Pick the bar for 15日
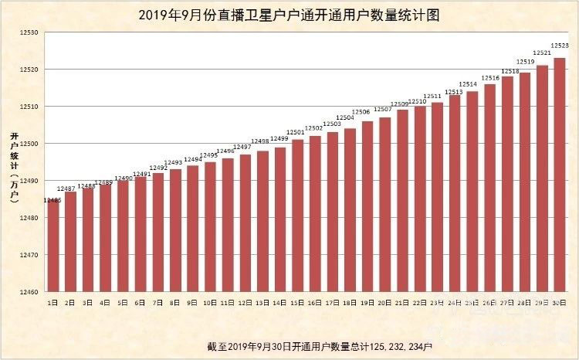pos(297,216)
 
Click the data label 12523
pos(560,46)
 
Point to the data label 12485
pos(52,200)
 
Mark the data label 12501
pos(296,132)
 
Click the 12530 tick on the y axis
pos(29,32)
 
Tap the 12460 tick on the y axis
pos(29,292)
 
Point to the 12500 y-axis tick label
pos(29,144)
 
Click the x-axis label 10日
pos(209,302)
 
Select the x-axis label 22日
pos(419,302)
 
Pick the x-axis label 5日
pos(122,302)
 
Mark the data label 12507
pos(383,110)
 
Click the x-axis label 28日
pos(524,302)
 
